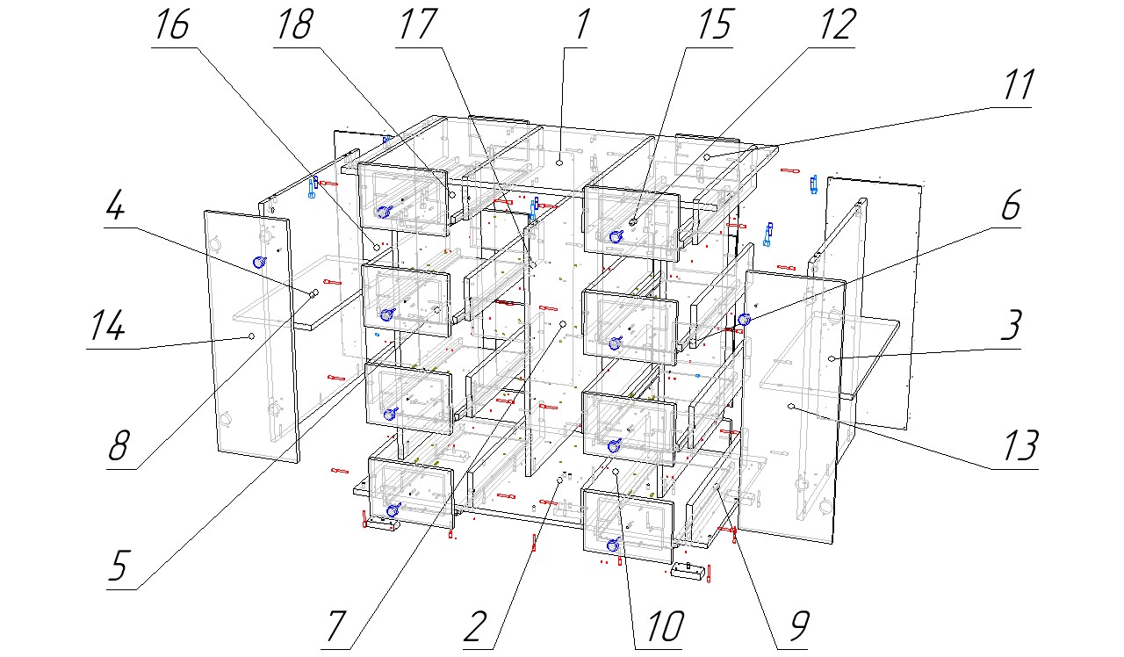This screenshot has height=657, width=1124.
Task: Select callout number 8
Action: (x=118, y=446)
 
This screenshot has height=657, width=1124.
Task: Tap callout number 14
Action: (x=104, y=327)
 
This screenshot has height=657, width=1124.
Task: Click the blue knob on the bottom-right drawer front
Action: (x=613, y=545)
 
